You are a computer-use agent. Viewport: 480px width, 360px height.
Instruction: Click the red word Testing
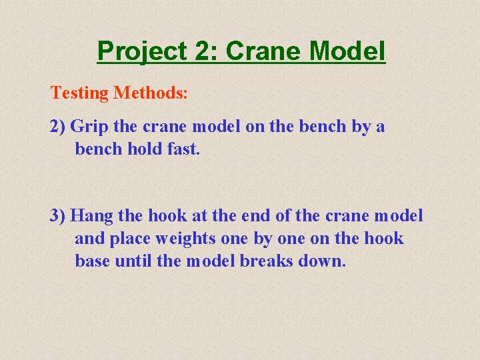tap(79, 93)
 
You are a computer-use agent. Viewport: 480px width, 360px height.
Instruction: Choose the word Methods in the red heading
tap(150, 93)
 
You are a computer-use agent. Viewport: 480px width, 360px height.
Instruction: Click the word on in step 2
tap(255, 127)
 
